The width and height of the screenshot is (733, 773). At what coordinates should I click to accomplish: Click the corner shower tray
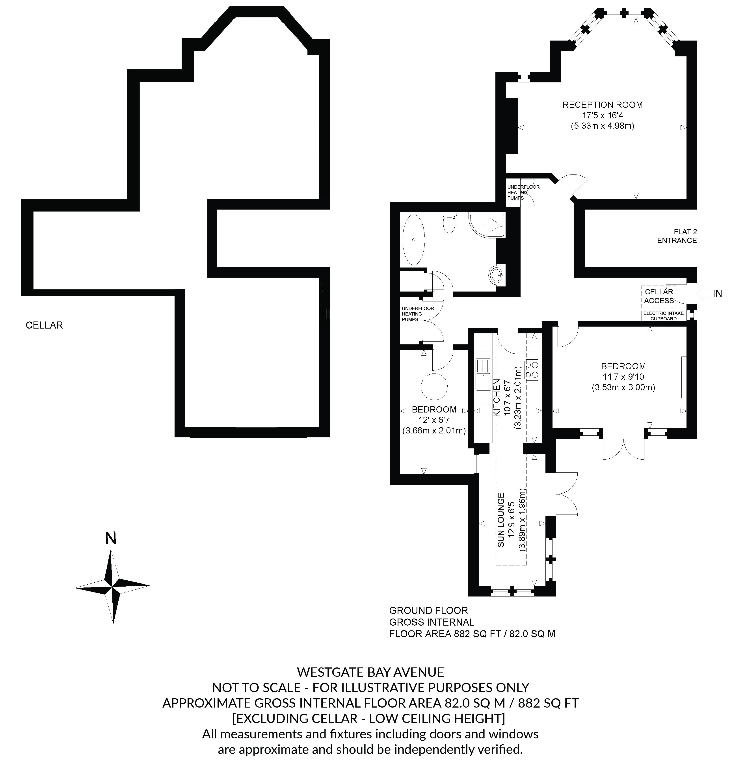[487, 225]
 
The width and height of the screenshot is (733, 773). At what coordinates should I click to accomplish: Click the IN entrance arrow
[705, 293]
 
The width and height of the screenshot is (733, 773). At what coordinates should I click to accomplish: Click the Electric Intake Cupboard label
[663, 316]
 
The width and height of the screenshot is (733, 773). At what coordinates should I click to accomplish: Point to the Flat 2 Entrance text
[677, 236]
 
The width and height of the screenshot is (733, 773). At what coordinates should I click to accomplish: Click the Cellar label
[44, 325]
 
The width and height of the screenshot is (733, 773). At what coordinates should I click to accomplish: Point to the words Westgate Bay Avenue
[370, 672]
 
